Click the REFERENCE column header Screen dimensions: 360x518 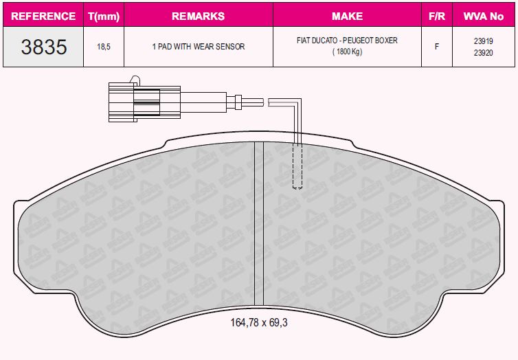(44, 16)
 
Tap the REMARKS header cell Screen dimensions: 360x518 (198, 16)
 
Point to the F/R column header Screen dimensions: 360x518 (436, 16)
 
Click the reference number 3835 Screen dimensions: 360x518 (44, 47)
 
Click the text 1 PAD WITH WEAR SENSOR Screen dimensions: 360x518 (198, 47)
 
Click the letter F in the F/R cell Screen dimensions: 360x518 (436, 47)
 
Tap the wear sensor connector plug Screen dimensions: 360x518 (135, 102)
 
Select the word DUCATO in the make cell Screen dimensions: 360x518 (324, 41)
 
